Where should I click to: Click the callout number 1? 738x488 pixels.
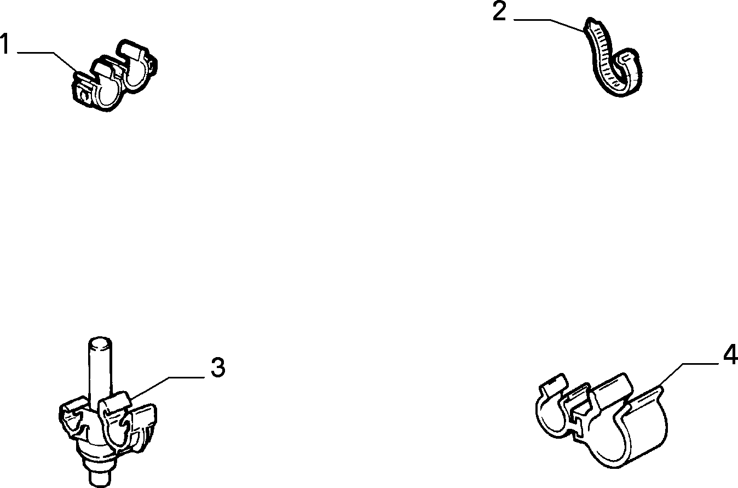pos(4,43)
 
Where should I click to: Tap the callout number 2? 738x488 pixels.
pos(499,12)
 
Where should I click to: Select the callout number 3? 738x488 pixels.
pos(218,368)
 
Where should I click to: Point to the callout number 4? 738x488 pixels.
pos(730,354)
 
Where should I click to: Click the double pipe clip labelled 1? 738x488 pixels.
pos(114,76)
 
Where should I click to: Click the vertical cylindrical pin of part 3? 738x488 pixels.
pos(100,369)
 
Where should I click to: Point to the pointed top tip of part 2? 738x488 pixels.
pos(590,20)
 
